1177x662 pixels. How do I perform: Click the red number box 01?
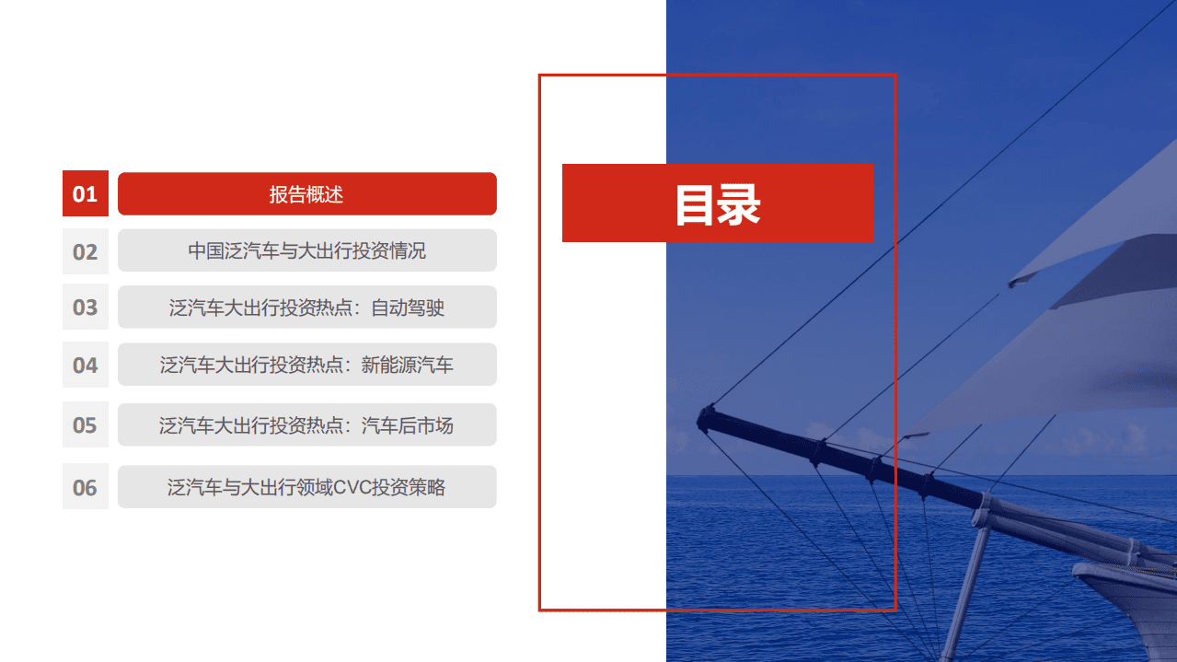click(x=86, y=194)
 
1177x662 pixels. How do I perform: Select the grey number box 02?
click(x=86, y=251)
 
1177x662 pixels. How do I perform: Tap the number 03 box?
click(x=86, y=308)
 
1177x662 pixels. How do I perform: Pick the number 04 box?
click(x=86, y=366)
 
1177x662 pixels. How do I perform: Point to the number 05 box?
click(x=86, y=424)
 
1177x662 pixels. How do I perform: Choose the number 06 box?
click(x=86, y=487)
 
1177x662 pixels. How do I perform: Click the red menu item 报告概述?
click(x=306, y=194)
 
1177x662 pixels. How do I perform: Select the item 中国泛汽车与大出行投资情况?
click(x=306, y=250)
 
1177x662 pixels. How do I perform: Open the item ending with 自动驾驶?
click(x=306, y=308)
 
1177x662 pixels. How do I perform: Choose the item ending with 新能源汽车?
click(x=306, y=366)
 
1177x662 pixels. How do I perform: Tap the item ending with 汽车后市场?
click(x=306, y=424)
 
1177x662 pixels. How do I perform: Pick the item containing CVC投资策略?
click(x=306, y=487)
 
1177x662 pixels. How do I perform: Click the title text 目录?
click(x=718, y=203)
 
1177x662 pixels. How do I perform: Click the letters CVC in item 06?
click(x=351, y=487)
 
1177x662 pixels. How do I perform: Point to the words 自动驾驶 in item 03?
click(x=408, y=308)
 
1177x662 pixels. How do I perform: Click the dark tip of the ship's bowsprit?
click(x=707, y=418)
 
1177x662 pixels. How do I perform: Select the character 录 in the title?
click(x=739, y=203)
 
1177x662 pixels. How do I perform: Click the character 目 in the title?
click(x=696, y=203)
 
